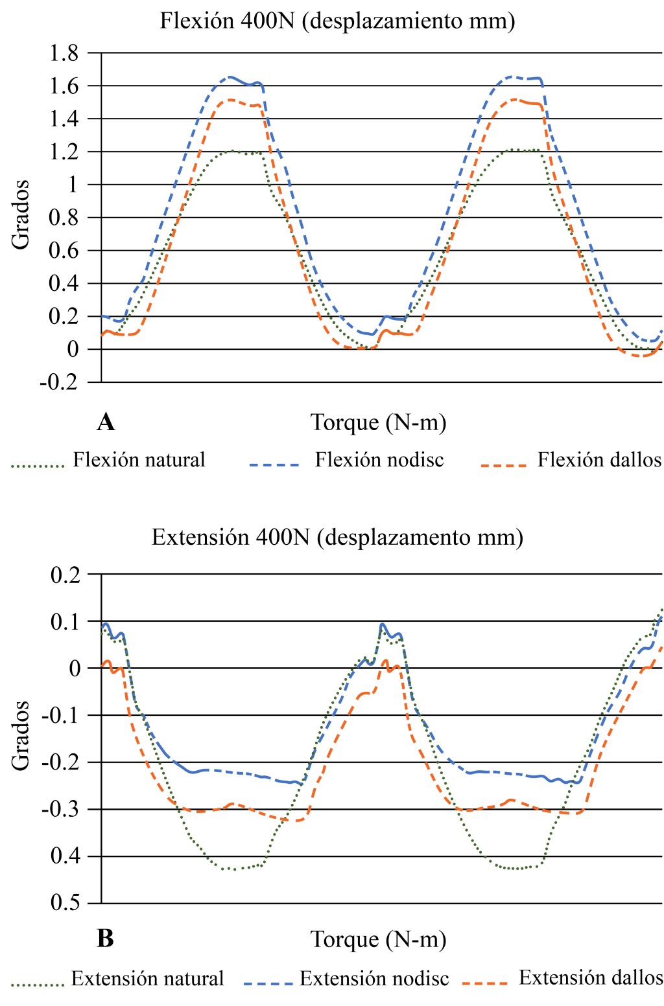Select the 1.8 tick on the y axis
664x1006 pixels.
(x=64, y=53)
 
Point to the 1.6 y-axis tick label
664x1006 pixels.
(x=64, y=86)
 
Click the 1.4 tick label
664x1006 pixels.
(x=64, y=119)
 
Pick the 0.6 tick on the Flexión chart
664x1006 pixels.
(x=64, y=251)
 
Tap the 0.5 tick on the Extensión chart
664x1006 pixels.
(x=65, y=903)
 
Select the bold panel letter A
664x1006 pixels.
(x=106, y=422)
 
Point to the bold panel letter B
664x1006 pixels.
(x=105, y=939)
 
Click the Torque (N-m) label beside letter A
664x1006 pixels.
(x=379, y=422)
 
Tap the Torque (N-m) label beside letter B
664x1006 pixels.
(x=379, y=939)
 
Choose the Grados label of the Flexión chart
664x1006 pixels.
(x=21, y=214)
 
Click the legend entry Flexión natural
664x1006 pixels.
(x=139, y=460)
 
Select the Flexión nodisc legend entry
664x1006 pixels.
(x=379, y=460)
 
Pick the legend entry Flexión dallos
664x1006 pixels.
(x=599, y=460)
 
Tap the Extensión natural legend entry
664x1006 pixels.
(x=147, y=979)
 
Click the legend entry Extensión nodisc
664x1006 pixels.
(x=374, y=979)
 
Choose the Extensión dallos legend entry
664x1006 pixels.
(x=591, y=977)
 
